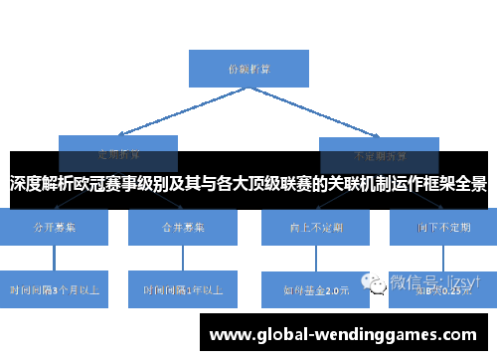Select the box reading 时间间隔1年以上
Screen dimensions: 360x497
(183, 290)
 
